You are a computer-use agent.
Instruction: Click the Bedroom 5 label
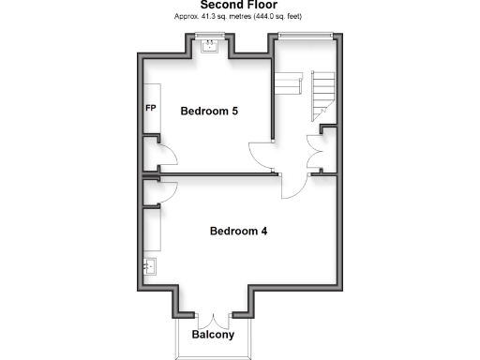(209, 112)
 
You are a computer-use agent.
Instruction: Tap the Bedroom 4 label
(239, 231)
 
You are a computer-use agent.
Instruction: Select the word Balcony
(213, 335)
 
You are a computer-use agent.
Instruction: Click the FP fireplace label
(150, 108)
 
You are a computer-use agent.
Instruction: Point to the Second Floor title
(239, 6)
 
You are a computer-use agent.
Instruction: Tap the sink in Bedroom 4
(149, 266)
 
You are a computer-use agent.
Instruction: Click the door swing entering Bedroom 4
(292, 186)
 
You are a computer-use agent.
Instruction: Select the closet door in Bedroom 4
(158, 191)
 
